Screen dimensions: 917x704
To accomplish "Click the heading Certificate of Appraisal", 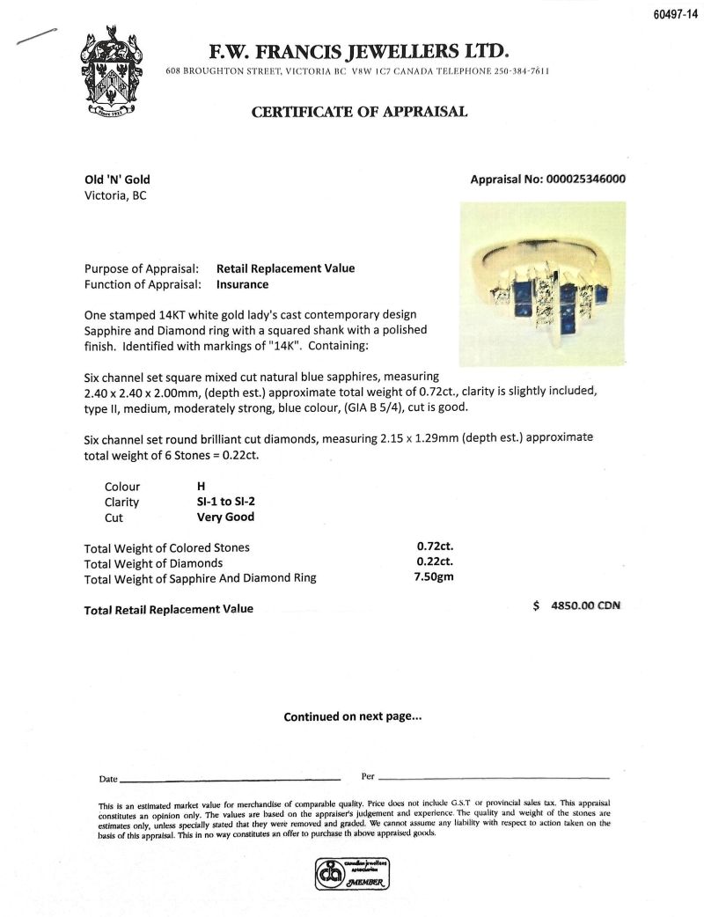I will coord(359,112).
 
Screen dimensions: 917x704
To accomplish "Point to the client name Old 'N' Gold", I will coord(117,180).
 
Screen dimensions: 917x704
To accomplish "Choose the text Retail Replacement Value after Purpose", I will coord(285,268).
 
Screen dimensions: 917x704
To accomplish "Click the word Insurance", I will coord(242,284).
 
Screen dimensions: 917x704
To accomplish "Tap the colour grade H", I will coord(202,486).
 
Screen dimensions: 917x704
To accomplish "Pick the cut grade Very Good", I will coord(225,517).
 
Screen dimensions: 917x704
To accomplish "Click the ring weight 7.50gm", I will coord(435,578).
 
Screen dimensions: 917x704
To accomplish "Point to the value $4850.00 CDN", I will coord(576,606).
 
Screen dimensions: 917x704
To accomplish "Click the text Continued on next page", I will coord(352,716).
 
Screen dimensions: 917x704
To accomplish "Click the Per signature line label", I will coord(369,776).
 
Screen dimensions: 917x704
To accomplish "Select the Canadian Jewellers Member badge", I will coord(352,874).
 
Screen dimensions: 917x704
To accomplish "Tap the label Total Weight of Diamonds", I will coord(153,563).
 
